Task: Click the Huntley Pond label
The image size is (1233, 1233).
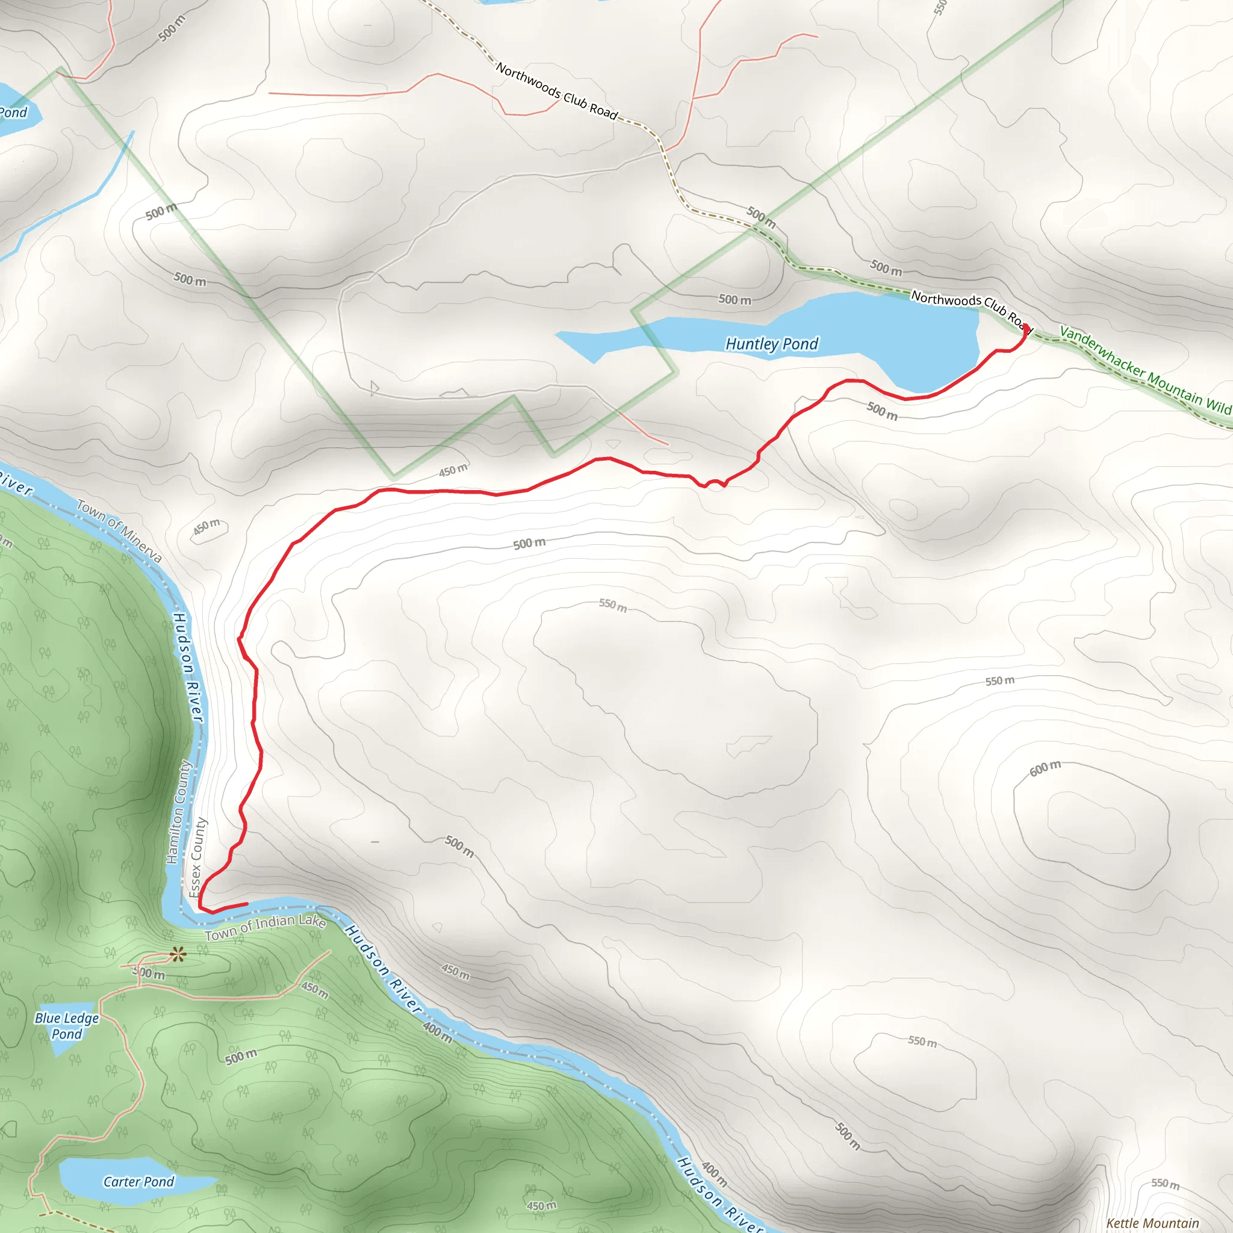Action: coord(772,344)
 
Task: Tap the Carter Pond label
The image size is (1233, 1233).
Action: coord(138,1182)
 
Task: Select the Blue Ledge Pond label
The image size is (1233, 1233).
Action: coord(67,1025)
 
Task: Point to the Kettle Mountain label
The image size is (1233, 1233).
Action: coord(1152,1223)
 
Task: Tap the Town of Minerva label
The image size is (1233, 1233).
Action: coord(119,532)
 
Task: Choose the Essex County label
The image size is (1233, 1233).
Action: coord(198,857)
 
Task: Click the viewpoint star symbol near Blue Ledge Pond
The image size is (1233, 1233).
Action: coord(178,955)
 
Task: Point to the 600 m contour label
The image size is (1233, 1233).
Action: coord(1045,768)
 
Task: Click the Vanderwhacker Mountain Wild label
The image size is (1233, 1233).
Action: coord(1146,370)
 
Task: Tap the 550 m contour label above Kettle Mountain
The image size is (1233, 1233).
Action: coord(1166,1183)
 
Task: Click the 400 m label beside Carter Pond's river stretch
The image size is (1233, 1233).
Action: coord(438,1032)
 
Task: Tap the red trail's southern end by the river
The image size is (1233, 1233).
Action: coord(246,904)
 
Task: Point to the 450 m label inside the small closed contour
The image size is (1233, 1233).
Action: coord(206,527)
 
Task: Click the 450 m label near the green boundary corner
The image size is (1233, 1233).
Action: coord(453,470)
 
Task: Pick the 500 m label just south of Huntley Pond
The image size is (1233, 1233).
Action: coord(882,411)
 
